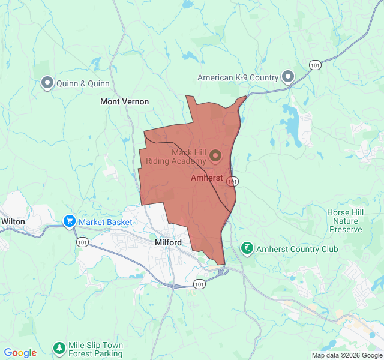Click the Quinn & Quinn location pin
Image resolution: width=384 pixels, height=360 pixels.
click(47, 83)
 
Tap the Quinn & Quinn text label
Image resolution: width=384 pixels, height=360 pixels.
click(83, 84)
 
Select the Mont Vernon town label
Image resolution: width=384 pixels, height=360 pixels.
click(124, 102)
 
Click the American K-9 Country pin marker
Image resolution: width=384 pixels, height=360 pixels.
click(288, 77)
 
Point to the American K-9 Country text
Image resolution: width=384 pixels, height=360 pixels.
click(238, 77)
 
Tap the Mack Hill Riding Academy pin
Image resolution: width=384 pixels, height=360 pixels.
click(215, 156)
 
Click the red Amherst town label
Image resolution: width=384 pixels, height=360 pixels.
click(206, 178)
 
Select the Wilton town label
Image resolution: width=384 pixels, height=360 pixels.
click(13, 221)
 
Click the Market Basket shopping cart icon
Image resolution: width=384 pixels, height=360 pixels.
click(70, 222)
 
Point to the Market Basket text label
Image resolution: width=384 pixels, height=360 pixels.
click(105, 223)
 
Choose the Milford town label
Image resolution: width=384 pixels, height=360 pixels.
click(168, 242)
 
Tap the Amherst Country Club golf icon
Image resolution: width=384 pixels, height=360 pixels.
click(247, 248)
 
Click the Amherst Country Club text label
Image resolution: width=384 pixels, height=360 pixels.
click(297, 249)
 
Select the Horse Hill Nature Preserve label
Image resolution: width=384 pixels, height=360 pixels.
click(346, 221)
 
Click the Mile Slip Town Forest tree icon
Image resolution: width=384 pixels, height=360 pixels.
click(59, 348)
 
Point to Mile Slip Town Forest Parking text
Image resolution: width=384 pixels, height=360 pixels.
click(96, 349)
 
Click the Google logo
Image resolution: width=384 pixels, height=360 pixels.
click(20, 353)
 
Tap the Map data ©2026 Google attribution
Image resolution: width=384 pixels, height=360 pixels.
click(346, 355)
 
